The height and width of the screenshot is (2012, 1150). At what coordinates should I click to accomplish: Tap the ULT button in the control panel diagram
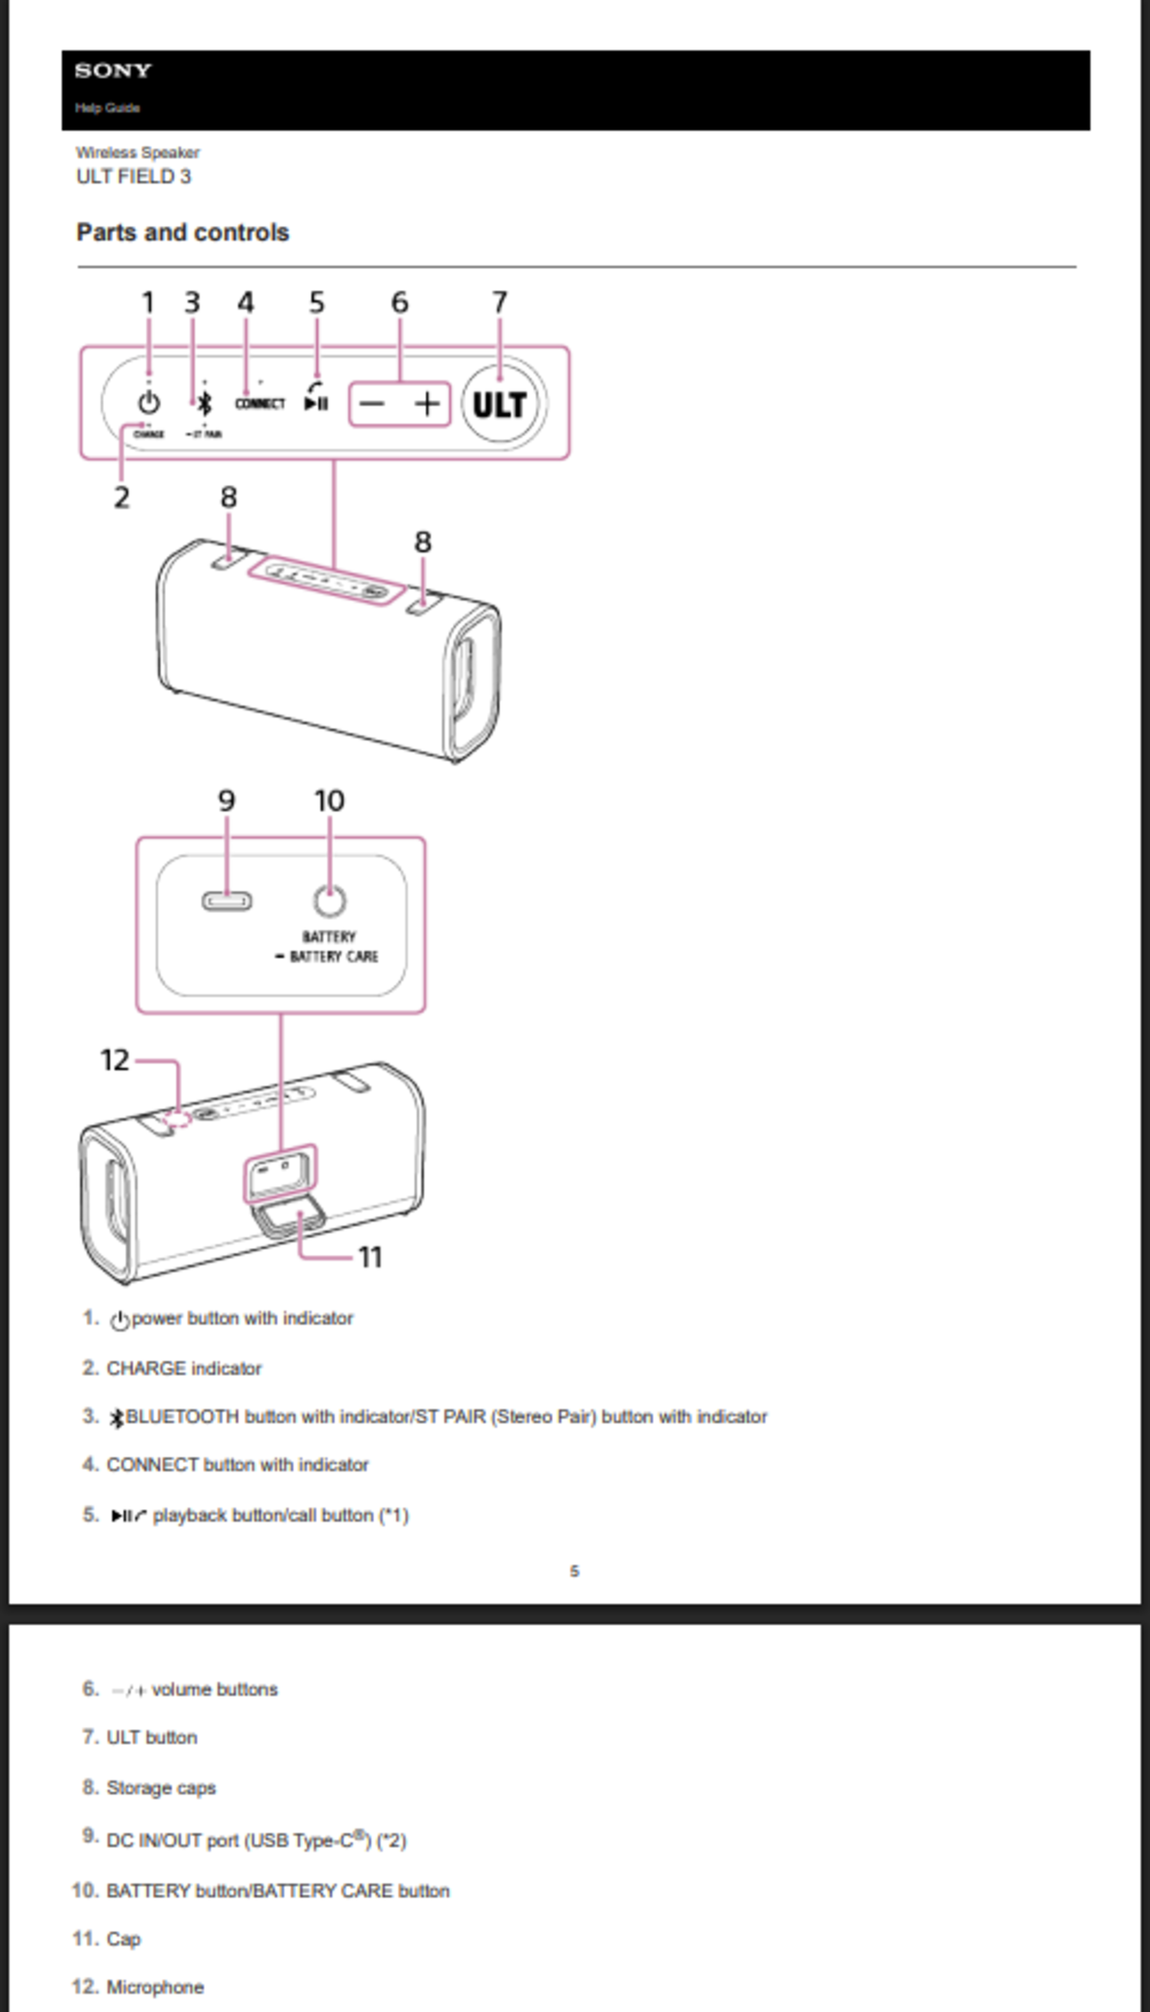click(x=499, y=404)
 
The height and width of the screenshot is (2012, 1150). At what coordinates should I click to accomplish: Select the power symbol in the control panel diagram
click(x=149, y=403)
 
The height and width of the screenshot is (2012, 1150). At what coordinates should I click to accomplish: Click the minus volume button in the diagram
click(x=372, y=404)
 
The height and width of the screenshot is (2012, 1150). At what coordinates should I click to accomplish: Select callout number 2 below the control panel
click(x=121, y=498)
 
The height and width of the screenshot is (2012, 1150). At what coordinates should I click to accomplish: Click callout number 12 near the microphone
click(x=114, y=1060)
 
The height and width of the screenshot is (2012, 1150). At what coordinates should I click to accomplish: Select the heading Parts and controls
click(x=182, y=232)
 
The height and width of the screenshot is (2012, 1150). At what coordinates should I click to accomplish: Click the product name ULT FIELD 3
click(x=134, y=176)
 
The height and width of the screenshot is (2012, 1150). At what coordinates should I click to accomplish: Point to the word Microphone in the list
click(x=155, y=1987)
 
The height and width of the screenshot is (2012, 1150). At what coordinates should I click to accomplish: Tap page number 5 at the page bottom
click(x=574, y=1571)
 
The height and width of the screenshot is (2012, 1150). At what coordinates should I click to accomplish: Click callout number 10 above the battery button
click(x=329, y=801)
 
